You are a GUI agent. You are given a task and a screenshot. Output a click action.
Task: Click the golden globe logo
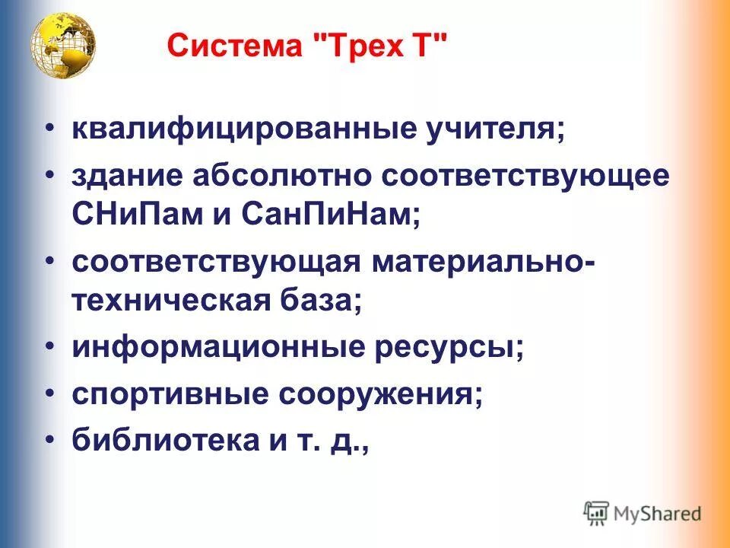click(63, 47)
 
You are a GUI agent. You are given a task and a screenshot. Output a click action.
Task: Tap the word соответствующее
click(526, 176)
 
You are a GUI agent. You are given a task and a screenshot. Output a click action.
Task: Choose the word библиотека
click(149, 441)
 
